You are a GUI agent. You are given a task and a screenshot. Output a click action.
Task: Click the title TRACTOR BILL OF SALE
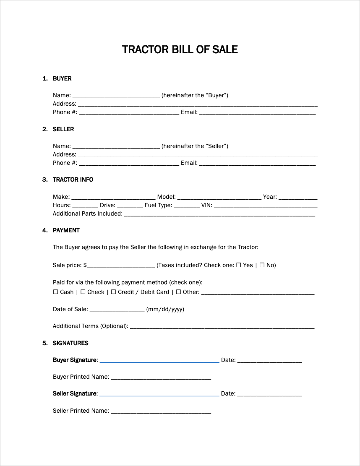(180, 49)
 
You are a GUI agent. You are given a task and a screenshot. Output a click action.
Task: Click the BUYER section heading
(62, 78)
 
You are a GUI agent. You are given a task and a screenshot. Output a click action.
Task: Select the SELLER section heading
(63, 129)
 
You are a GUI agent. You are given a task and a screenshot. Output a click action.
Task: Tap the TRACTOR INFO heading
(73, 180)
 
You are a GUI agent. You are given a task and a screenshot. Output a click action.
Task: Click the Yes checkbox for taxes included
(239, 265)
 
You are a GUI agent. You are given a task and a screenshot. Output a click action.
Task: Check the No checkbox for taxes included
(262, 265)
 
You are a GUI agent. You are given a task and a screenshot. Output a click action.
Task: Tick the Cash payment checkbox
(56, 292)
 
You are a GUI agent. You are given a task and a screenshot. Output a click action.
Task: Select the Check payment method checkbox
(83, 292)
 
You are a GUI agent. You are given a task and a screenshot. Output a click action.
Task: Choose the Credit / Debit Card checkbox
(114, 292)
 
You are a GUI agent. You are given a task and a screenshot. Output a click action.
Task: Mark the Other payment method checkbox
(178, 292)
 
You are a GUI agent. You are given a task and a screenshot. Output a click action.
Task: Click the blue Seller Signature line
(159, 394)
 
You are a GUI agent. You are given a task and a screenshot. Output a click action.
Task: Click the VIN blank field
(265, 206)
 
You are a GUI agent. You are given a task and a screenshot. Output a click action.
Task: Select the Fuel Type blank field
(187, 206)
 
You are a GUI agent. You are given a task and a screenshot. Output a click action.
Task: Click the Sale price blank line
(121, 266)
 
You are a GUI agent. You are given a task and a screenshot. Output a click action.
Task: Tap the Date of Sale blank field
(117, 310)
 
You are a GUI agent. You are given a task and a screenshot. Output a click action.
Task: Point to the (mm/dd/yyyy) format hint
(165, 310)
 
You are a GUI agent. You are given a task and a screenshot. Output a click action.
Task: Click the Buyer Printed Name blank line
(161, 377)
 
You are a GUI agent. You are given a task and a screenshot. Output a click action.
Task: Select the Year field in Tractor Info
(298, 198)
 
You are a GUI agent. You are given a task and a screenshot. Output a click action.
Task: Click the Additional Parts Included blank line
(219, 214)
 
